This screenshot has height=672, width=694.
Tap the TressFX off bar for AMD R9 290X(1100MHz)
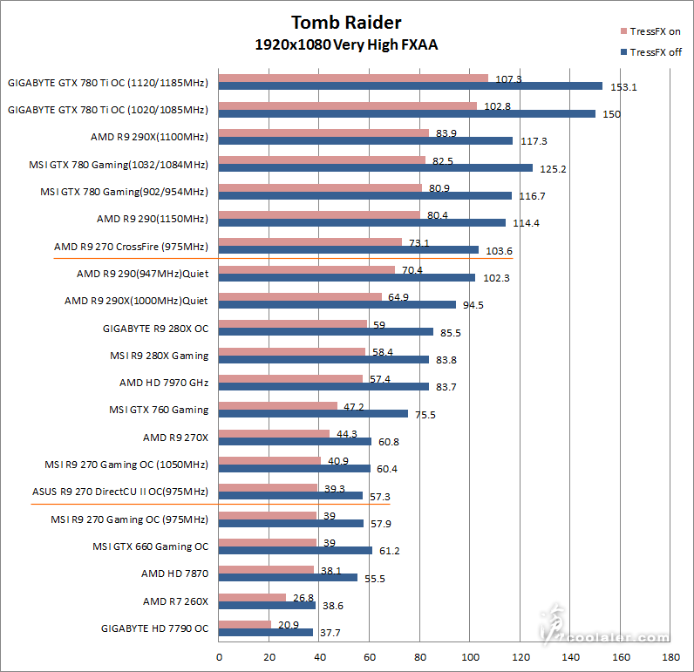[x=365, y=140]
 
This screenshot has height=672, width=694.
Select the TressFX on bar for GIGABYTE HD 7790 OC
[x=245, y=624]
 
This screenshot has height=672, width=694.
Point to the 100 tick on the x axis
[x=470, y=656]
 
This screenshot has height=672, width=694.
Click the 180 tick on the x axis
[x=670, y=656]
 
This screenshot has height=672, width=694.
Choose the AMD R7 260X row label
[x=176, y=601]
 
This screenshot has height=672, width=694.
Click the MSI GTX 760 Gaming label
[x=159, y=410]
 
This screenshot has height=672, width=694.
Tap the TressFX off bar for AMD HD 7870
[x=288, y=577]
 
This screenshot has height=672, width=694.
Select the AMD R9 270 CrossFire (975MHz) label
[x=131, y=246]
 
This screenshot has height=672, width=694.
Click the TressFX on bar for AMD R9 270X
[x=274, y=433]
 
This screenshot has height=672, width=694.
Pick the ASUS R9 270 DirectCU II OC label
[x=120, y=492]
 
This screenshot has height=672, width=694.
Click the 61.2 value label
[x=389, y=551]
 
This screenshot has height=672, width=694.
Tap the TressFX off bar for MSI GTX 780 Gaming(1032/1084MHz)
[x=376, y=167]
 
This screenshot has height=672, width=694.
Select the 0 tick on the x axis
[x=219, y=656]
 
